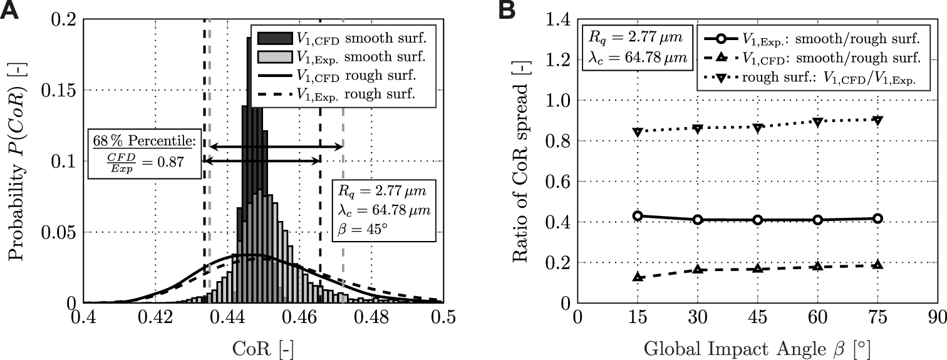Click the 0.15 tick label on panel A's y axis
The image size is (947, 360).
click(56, 91)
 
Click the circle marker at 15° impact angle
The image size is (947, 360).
click(637, 216)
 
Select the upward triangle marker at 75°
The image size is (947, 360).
click(877, 265)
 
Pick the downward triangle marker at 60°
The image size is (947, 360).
click(817, 122)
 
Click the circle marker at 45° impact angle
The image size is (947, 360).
click(757, 220)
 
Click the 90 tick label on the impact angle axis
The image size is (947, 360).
click(937, 318)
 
